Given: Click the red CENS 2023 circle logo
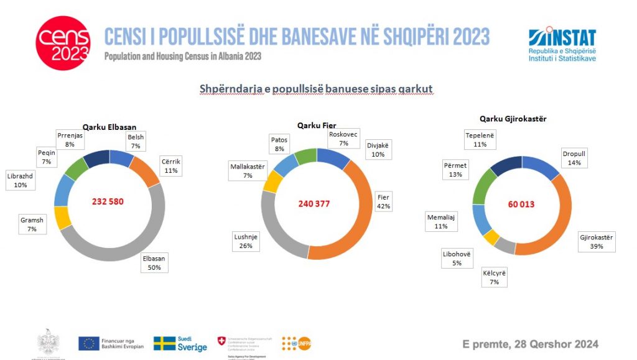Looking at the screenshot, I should coord(62,44).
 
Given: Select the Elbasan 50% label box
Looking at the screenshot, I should coord(154,262).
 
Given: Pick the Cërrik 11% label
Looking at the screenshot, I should coord(170,166).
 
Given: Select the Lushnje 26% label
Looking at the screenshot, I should coord(246,241).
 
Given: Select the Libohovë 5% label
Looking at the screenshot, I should coord(457,258).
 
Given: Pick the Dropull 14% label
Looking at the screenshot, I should coord(574,157).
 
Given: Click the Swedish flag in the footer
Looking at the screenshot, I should coord(164,344).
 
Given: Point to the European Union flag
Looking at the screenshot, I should coord(89,343).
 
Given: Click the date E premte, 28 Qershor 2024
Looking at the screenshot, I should coord(530,344).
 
